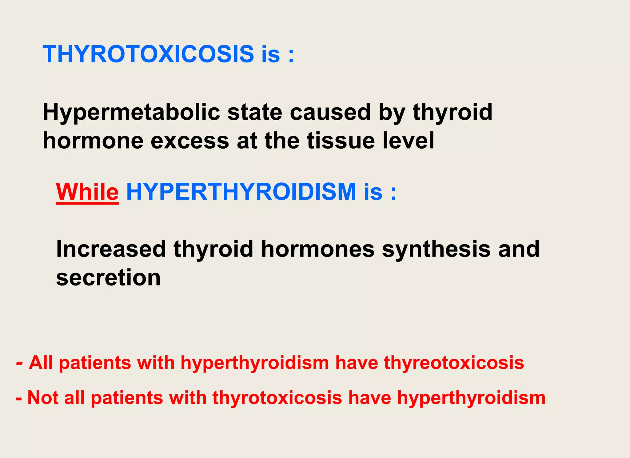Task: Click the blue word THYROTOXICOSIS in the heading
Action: click(148, 54)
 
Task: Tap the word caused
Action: click(330, 112)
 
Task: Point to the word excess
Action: click(190, 141)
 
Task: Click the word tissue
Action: click(341, 141)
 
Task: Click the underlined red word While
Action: click(87, 192)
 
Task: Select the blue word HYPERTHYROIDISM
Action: click(241, 192)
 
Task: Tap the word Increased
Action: click(111, 249)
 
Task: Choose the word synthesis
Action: click(436, 249)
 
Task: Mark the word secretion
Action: click(108, 278)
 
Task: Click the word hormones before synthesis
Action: click(318, 249)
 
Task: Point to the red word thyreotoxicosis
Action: click(454, 363)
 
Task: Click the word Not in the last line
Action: click(43, 397)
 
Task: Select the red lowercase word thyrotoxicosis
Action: click(277, 398)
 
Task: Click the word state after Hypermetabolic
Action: click(255, 112)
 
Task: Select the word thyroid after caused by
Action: click(453, 113)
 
